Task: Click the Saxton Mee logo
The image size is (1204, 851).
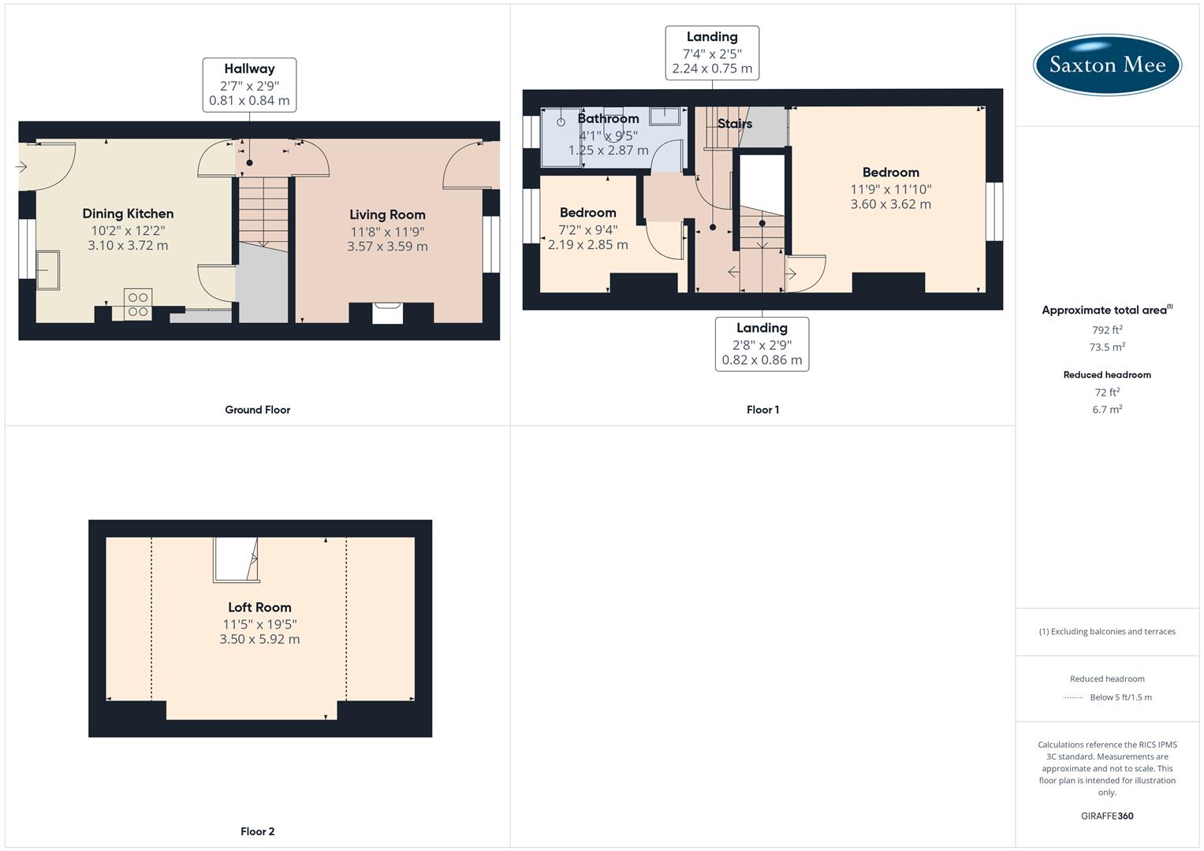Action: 1107,64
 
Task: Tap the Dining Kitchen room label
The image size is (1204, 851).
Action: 128,214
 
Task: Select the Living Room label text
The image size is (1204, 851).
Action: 387,214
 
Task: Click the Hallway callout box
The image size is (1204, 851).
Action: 249,84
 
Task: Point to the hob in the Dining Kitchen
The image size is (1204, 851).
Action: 138,305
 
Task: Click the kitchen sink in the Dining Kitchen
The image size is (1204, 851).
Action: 49,269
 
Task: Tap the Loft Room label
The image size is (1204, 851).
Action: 259,608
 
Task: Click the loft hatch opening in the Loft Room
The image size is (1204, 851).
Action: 236,559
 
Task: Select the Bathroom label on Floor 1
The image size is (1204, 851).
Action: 608,119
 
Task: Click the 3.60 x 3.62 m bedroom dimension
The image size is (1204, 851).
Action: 890,204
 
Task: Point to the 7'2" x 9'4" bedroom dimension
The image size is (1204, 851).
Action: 587,229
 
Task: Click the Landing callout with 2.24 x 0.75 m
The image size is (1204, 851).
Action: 712,53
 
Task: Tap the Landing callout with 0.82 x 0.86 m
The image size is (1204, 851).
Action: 762,344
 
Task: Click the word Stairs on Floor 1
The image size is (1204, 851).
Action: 735,124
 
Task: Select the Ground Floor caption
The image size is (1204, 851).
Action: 257,410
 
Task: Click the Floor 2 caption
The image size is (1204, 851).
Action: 257,831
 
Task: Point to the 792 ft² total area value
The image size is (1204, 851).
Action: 1107,330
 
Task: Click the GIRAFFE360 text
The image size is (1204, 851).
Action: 1107,816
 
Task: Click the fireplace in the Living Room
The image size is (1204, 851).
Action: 387,313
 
